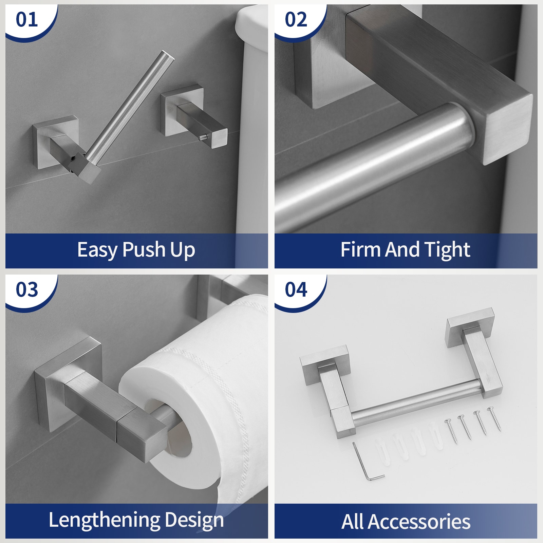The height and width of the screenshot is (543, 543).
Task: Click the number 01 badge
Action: click(x=27, y=20)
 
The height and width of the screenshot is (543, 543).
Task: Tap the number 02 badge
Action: click(x=296, y=20)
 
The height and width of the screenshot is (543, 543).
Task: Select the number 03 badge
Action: click(x=27, y=290)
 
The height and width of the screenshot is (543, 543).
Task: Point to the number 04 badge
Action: click(x=296, y=290)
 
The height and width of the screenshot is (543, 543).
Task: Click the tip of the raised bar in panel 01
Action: click(x=168, y=56)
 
